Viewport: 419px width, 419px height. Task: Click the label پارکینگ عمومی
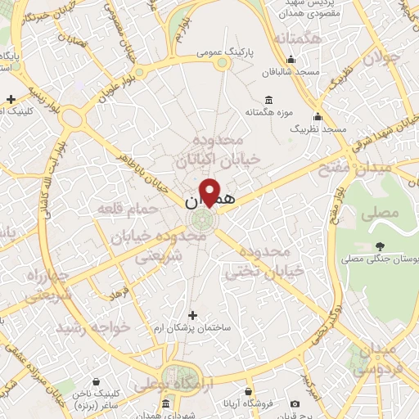click(x=227, y=51)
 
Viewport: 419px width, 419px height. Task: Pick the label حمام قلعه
click(x=127, y=210)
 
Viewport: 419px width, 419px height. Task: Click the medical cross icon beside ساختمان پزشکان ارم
click(x=193, y=315)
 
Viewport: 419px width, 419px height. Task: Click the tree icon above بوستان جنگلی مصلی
click(x=381, y=244)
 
